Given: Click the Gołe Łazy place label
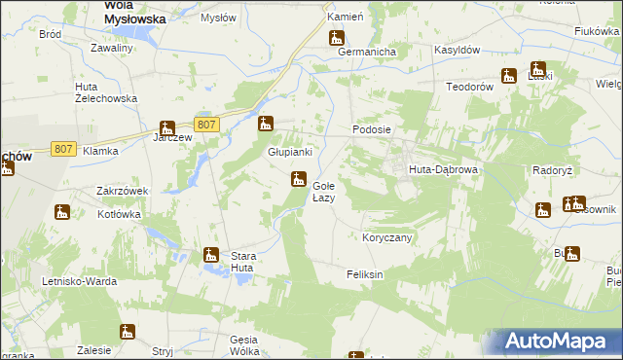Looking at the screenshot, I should pyautogui.click(x=324, y=191).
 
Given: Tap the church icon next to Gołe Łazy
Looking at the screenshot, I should pyautogui.click(x=298, y=179).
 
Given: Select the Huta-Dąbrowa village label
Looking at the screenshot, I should pyautogui.click(x=442, y=168).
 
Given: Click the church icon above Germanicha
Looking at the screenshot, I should pyautogui.click(x=337, y=39).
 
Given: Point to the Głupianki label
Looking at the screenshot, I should pyautogui.click(x=290, y=152).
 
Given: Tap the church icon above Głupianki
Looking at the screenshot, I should pyautogui.click(x=265, y=124).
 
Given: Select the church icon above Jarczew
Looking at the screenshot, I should pyautogui.click(x=167, y=127).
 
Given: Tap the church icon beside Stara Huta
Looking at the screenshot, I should pyautogui.click(x=210, y=256).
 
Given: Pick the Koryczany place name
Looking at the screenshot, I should pyautogui.click(x=387, y=237).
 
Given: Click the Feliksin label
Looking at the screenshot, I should pyautogui.click(x=365, y=275).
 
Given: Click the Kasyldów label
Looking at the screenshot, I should pyautogui.click(x=431, y=49).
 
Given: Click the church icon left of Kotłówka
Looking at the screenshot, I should pyautogui.click(x=62, y=212).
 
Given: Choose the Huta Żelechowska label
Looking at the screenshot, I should pyautogui.click(x=106, y=92).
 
